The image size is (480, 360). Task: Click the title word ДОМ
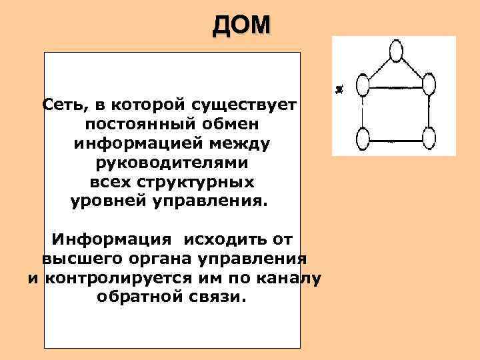242,25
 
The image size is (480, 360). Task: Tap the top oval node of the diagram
396,51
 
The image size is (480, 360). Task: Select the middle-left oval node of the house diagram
363,85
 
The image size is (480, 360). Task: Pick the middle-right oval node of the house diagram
429,85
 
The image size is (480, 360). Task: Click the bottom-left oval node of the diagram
363,139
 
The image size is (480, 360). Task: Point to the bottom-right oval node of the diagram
429,139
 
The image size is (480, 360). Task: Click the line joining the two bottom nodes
396,140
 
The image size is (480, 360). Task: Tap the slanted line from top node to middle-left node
378,68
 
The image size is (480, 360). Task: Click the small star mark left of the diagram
340,89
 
